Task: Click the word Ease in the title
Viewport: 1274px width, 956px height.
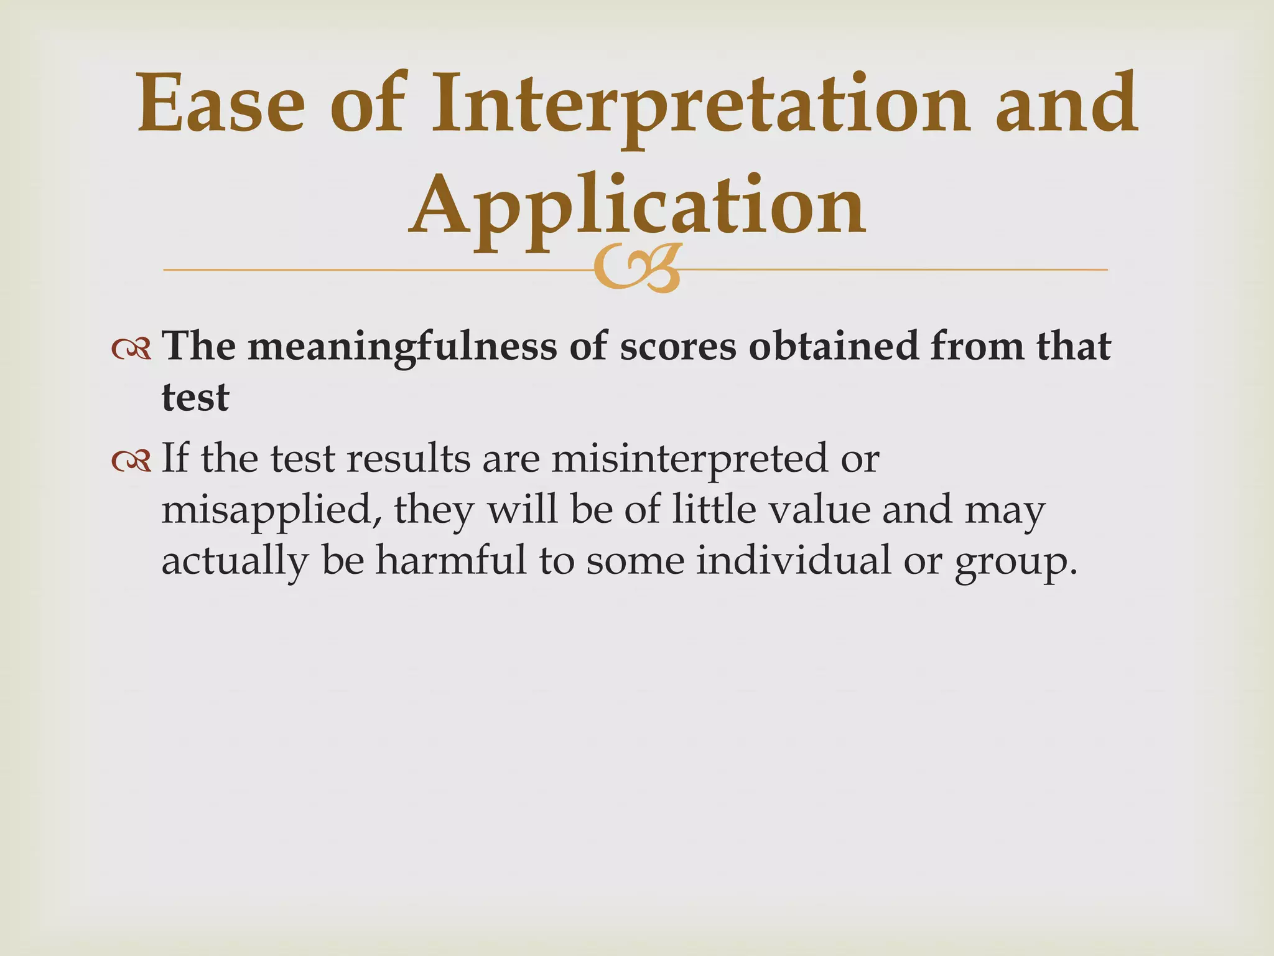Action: [221, 103]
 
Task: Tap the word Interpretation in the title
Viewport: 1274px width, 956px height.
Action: [700, 103]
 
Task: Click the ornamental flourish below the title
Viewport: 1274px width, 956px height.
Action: [637, 268]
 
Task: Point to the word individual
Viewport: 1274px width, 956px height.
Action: [793, 560]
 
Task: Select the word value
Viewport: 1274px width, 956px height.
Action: [819, 510]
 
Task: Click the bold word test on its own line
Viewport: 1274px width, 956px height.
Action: [195, 398]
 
